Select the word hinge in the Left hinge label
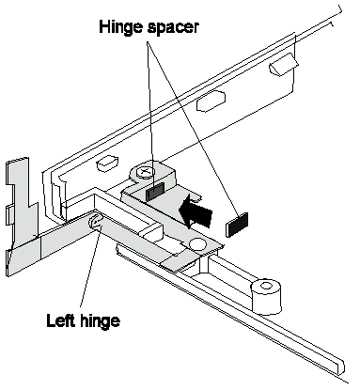[100, 321]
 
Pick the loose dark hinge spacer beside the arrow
[237, 224]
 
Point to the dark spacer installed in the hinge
[154, 192]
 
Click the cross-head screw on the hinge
[145, 172]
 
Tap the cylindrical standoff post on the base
[266, 296]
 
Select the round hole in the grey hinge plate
[196, 243]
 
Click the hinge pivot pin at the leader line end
[96, 223]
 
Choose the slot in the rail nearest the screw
[107, 164]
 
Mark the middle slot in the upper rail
[211, 101]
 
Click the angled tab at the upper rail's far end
[284, 65]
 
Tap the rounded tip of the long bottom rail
[341, 367]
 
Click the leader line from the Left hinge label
[89, 268]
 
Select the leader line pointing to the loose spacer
[192, 129]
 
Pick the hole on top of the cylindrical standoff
[266, 286]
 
